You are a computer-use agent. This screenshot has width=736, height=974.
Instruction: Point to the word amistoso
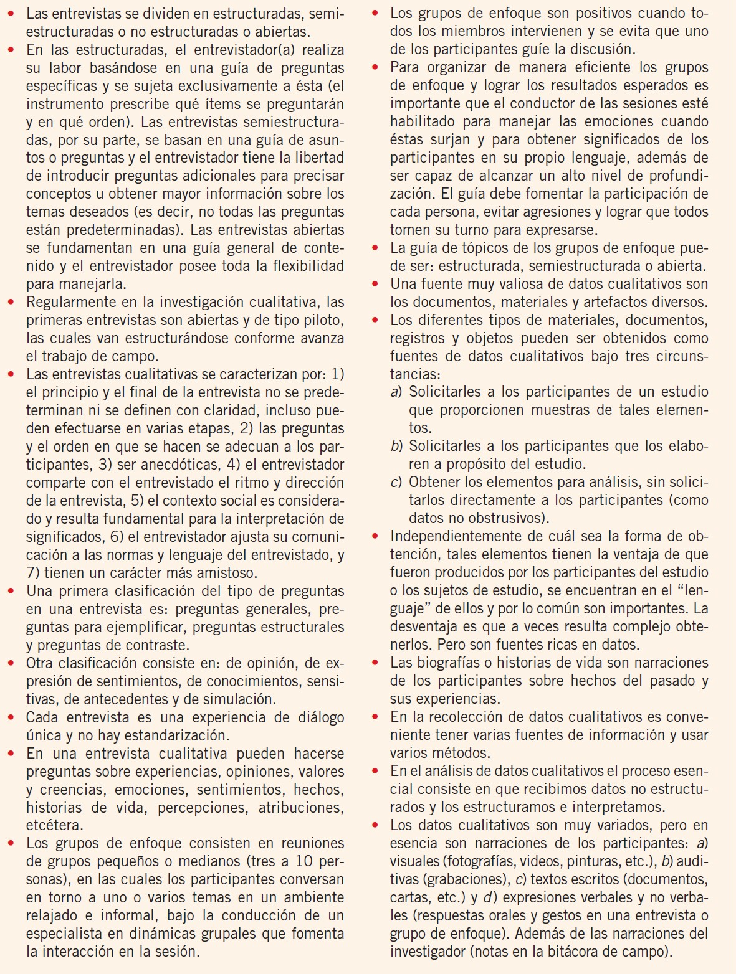tap(218, 573)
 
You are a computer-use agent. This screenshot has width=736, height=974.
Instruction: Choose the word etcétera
tap(54, 826)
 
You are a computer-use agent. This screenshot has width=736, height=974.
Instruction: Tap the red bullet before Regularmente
tap(11, 303)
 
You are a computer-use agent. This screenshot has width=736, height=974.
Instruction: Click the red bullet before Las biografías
tap(375, 663)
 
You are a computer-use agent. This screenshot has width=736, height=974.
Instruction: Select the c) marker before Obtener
tap(396, 483)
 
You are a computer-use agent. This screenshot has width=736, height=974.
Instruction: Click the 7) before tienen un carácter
tap(34, 573)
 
